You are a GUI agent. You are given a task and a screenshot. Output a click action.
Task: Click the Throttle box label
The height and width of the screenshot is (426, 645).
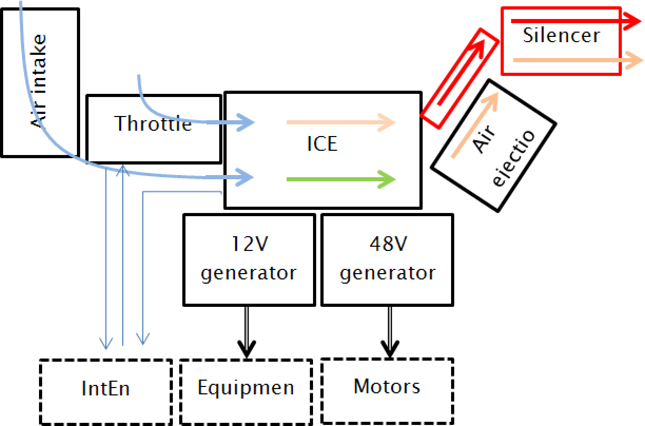click(153, 123)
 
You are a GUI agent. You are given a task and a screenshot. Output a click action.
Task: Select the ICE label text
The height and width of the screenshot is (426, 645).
click(322, 143)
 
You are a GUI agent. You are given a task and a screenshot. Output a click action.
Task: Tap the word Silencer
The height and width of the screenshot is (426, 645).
click(561, 35)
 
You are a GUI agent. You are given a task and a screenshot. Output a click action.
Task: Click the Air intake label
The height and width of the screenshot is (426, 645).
click(39, 82)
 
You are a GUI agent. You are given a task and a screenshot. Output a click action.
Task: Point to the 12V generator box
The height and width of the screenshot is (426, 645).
click(249, 259)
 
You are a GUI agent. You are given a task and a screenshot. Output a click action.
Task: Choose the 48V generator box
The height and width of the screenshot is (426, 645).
click(387, 259)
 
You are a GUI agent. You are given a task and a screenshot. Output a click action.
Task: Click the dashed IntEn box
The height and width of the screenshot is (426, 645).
click(106, 390)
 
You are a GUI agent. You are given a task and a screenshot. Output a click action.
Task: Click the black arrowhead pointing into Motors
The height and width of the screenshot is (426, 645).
click(390, 348)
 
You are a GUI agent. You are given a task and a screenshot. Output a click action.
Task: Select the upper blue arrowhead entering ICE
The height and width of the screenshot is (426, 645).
click(245, 123)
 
